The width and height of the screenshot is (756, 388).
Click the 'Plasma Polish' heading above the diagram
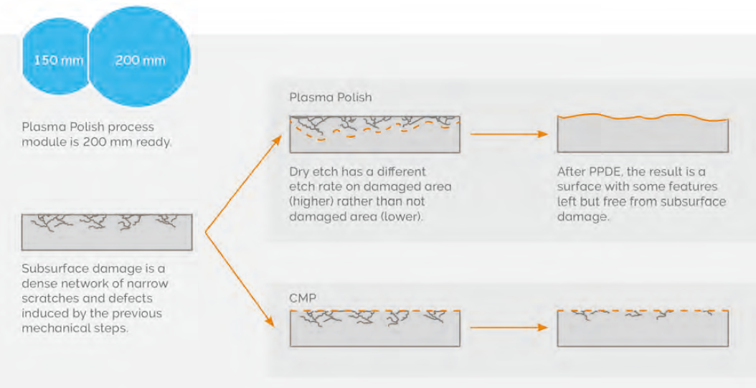(331, 98)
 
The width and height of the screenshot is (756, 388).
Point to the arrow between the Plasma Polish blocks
(509, 134)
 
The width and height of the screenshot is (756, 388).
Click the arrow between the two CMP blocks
(509, 328)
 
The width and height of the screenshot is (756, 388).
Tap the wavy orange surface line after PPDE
(643, 117)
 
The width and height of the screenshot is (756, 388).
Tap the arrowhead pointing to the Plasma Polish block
(278, 139)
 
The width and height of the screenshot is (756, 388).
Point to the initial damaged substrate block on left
(107, 232)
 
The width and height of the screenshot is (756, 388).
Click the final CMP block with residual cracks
(643, 328)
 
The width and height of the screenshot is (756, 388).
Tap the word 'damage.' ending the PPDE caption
(583, 217)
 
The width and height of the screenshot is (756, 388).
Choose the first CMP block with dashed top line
(374, 328)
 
